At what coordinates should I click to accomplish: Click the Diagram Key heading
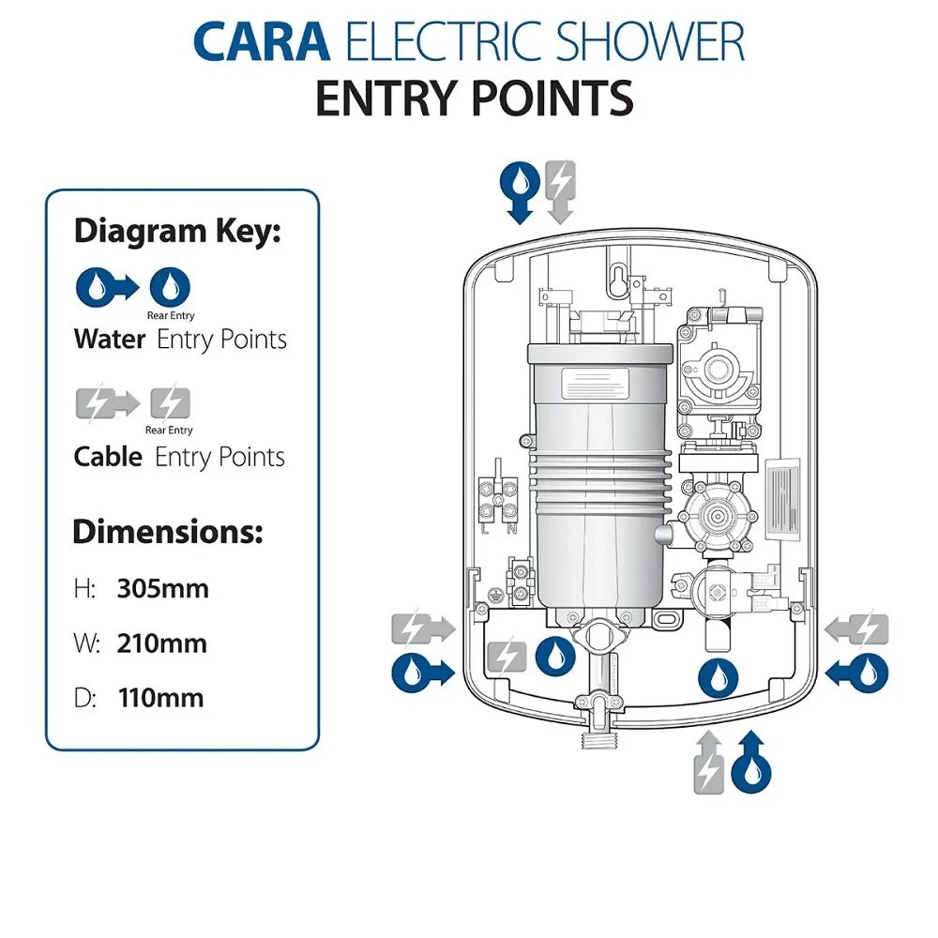[177, 231]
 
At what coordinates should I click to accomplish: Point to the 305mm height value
[162, 589]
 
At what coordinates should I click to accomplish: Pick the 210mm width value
[161, 643]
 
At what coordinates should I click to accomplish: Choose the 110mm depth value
[160, 698]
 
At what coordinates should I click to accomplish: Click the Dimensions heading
[168, 532]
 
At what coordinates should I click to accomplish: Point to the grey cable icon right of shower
[856, 628]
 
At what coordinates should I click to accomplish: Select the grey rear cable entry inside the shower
[509, 654]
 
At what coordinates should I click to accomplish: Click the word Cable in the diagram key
[109, 457]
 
